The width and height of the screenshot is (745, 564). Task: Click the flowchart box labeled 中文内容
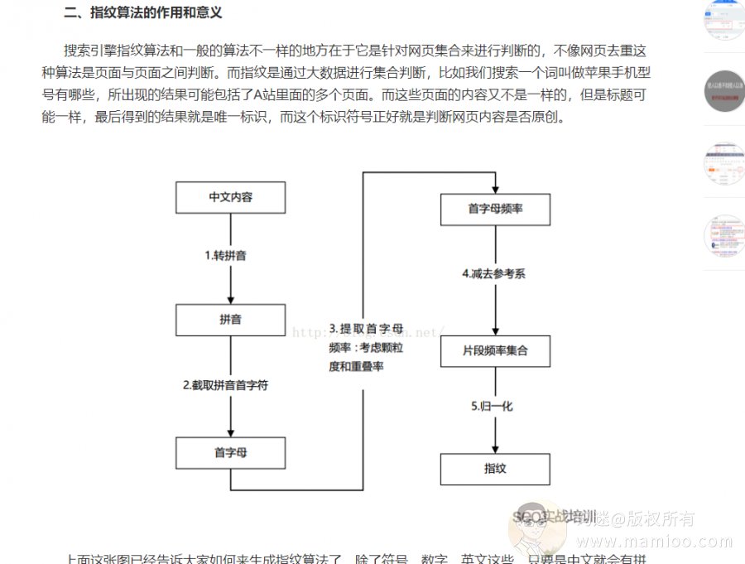(x=230, y=198)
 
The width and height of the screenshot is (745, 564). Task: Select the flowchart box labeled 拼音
(x=230, y=320)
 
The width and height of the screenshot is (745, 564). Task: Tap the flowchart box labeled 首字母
(x=230, y=452)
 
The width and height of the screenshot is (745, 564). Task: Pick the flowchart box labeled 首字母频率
(x=494, y=209)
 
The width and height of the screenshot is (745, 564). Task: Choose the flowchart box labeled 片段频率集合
(x=494, y=351)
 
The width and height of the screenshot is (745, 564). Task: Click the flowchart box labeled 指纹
(x=494, y=469)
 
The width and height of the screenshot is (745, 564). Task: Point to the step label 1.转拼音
(x=225, y=256)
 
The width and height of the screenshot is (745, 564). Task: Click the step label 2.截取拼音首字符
(x=225, y=385)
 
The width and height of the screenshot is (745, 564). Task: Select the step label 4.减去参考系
(x=493, y=274)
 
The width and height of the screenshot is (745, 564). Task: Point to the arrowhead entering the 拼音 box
(x=230, y=299)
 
